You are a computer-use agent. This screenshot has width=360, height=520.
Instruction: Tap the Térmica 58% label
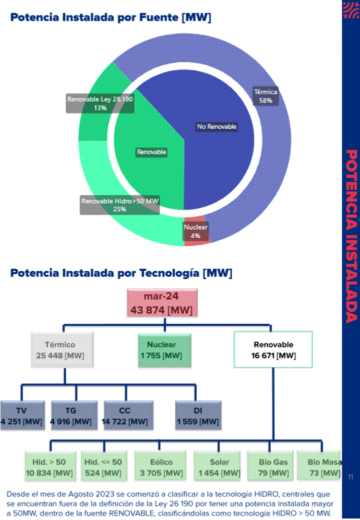pyautogui.click(x=265, y=96)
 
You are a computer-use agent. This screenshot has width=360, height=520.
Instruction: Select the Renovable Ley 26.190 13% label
pyautogui.click(x=100, y=104)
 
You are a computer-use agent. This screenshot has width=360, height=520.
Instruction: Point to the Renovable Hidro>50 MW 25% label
pyautogui.click(x=119, y=205)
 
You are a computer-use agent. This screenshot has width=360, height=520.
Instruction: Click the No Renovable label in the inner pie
pyautogui.click(x=216, y=126)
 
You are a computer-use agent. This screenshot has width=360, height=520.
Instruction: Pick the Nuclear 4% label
pyautogui.click(x=195, y=232)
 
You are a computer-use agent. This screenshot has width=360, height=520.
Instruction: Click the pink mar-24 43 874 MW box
pyautogui.click(x=162, y=303)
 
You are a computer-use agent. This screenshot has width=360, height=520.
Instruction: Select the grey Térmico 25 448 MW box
pyautogui.click(x=62, y=350)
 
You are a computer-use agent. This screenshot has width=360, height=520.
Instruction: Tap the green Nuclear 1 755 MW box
pyautogui.click(x=164, y=350)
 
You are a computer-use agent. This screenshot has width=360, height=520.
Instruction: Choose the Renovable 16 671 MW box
pyautogui.click(x=273, y=349)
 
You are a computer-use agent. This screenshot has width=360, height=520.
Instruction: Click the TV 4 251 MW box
pyautogui.click(x=22, y=415)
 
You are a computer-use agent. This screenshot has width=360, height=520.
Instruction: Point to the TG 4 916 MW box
pyautogui.click(x=74, y=415)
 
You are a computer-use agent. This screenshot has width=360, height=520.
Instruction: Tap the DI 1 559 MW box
pyautogui.click(x=198, y=415)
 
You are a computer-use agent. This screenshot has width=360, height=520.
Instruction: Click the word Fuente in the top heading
pyautogui.click(x=158, y=17)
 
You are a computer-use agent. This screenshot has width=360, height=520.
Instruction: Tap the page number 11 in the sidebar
pyautogui.click(x=350, y=477)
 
